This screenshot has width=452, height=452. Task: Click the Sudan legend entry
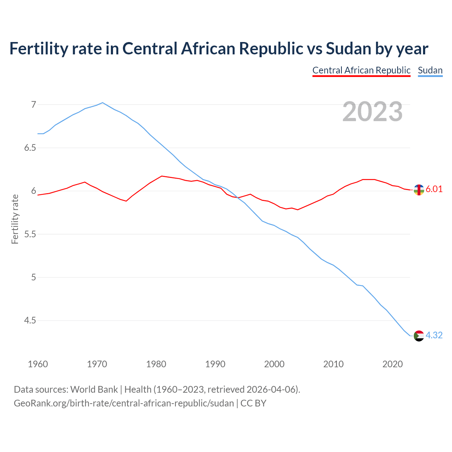pos(430,70)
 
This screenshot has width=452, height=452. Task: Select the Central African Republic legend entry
pos(361,70)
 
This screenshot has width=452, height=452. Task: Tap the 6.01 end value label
pos(434,189)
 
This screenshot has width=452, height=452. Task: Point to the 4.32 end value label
pos(434,335)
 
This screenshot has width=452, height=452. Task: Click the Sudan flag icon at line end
pos(418,335)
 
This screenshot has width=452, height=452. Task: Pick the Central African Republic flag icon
pos(418,190)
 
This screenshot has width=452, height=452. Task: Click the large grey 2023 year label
pos(373,112)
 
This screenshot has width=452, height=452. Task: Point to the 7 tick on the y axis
pos(34,105)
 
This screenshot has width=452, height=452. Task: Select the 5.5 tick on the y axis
pos(30,234)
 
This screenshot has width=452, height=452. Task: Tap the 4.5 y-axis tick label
pos(30,321)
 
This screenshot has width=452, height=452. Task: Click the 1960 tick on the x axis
pos(38,364)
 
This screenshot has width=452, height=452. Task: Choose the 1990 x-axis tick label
pos(215,364)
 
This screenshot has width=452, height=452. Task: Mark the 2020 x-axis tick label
pos(392,364)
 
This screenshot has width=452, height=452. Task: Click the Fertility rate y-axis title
pos(15,219)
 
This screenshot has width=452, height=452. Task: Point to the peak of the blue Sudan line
pos(102,103)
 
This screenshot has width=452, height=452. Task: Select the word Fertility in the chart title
pos(38,48)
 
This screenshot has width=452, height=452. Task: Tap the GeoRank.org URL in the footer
pos(124,403)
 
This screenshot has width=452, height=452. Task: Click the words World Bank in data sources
pos(94,389)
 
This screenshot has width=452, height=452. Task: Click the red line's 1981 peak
pos(162,176)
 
